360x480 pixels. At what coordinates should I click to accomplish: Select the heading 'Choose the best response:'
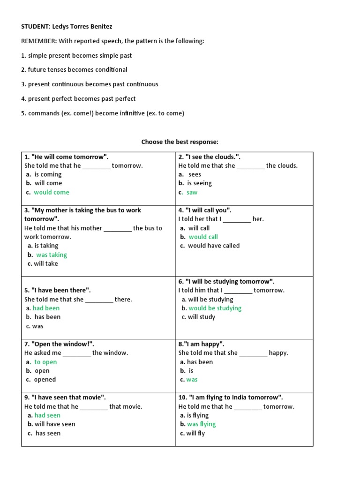tap(180, 142)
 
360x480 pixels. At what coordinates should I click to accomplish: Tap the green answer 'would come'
tap(51, 192)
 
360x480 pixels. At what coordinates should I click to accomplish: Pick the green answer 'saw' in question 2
tap(192, 192)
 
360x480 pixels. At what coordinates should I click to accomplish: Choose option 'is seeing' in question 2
tap(199, 183)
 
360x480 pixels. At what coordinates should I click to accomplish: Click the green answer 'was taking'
tap(52, 255)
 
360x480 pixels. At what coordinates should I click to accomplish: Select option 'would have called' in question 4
tap(213, 246)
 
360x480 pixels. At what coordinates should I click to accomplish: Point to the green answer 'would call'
tap(203, 237)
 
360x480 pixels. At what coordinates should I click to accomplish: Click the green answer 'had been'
tap(46, 308)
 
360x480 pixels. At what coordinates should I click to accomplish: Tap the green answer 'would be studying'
tap(215, 308)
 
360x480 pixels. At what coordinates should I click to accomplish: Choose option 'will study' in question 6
tap(201, 317)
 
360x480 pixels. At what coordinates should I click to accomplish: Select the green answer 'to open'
tap(45, 362)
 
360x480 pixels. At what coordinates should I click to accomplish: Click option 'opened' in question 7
tap(45, 380)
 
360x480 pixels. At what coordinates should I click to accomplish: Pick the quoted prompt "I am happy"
tap(201, 344)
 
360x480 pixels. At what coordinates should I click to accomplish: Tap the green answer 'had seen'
tap(47, 415)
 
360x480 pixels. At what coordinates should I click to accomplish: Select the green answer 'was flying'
tap(201, 424)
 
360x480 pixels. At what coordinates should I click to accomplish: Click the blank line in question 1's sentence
tap(97, 166)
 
